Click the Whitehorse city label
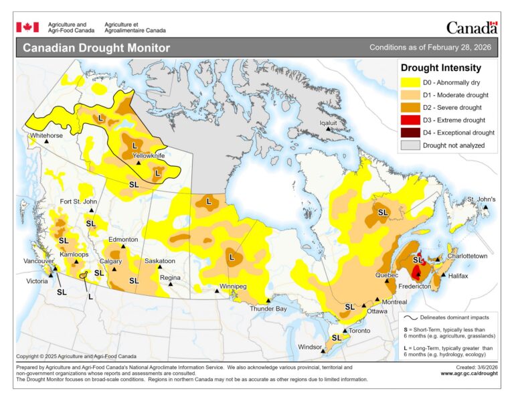click(x=46, y=135)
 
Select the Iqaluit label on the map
click(x=333, y=123)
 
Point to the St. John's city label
click(x=481, y=200)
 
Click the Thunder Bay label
click(x=268, y=309)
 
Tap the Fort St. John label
click(x=78, y=202)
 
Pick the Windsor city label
click(x=309, y=346)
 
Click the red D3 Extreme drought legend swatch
click(x=410, y=120)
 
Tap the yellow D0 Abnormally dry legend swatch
click(x=410, y=82)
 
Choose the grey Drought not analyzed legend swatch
click(x=410, y=145)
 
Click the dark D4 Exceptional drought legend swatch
click(x=410, y=133)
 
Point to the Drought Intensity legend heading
click(x=440, y=68)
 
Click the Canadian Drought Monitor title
click(x=96, y=48)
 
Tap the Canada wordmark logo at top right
click(x=472, y=27)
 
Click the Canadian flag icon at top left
click(x=27, y=27)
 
